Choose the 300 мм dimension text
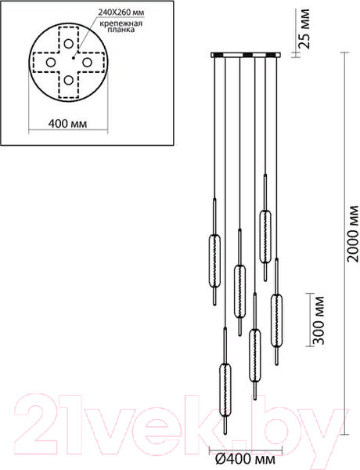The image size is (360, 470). click(317, 320)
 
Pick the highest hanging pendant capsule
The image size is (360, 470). click(265, 226)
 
